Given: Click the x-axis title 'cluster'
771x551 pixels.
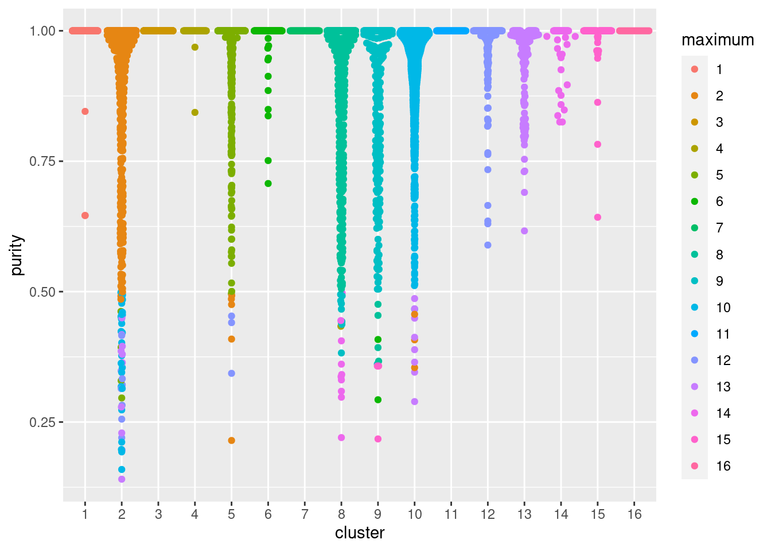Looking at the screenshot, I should click(x=360, y=533).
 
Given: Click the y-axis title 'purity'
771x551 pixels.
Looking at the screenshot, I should click(x=18, y=255).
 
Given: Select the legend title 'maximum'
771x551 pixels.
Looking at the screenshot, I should click(x=718, y=40).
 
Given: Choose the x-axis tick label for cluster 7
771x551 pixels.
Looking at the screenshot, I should click(x=305, y=514).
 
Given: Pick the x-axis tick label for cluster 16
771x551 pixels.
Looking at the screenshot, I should click(x=634, y=514).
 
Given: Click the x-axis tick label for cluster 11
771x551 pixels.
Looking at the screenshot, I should click(x=451, y=514).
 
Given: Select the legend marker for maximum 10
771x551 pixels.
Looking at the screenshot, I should click(x=695, y=307).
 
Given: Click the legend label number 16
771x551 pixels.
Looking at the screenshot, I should click(x=723, y=466).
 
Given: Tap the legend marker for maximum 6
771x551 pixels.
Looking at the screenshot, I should click(x=695, y=201).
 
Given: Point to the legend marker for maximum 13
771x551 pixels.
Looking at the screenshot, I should click(x=695, y=386).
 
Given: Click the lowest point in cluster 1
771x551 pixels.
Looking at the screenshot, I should click(x=85, y=215).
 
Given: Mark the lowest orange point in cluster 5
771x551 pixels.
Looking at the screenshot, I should click(x=232, y=440).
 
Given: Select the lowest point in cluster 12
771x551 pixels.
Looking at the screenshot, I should click(x=488, y=245).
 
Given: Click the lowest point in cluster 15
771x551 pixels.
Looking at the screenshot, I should click(x=598, y=217).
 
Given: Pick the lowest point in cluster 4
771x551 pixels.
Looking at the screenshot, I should click(x=195, y=112).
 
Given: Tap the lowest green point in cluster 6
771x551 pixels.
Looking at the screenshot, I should click(x=268, y=184).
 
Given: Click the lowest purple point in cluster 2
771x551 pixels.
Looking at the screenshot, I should click(x=122, y=479).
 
